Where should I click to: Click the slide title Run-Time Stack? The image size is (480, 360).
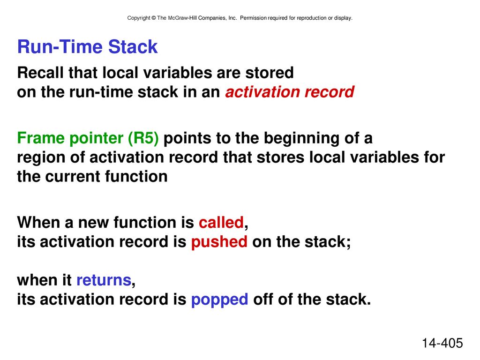87,47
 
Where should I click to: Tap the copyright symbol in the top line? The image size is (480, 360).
153,18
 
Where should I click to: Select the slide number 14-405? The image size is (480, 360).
442,343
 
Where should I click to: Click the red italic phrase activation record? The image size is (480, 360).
290,92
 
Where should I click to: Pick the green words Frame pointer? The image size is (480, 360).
70,138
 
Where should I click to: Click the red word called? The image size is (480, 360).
221,222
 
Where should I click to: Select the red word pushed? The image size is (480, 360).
219,242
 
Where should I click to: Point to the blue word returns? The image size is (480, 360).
104,280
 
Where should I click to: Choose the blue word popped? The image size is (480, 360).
219,300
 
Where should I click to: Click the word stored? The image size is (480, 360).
270,73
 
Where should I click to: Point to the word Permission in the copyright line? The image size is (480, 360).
253,18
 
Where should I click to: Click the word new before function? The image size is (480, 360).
93,223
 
